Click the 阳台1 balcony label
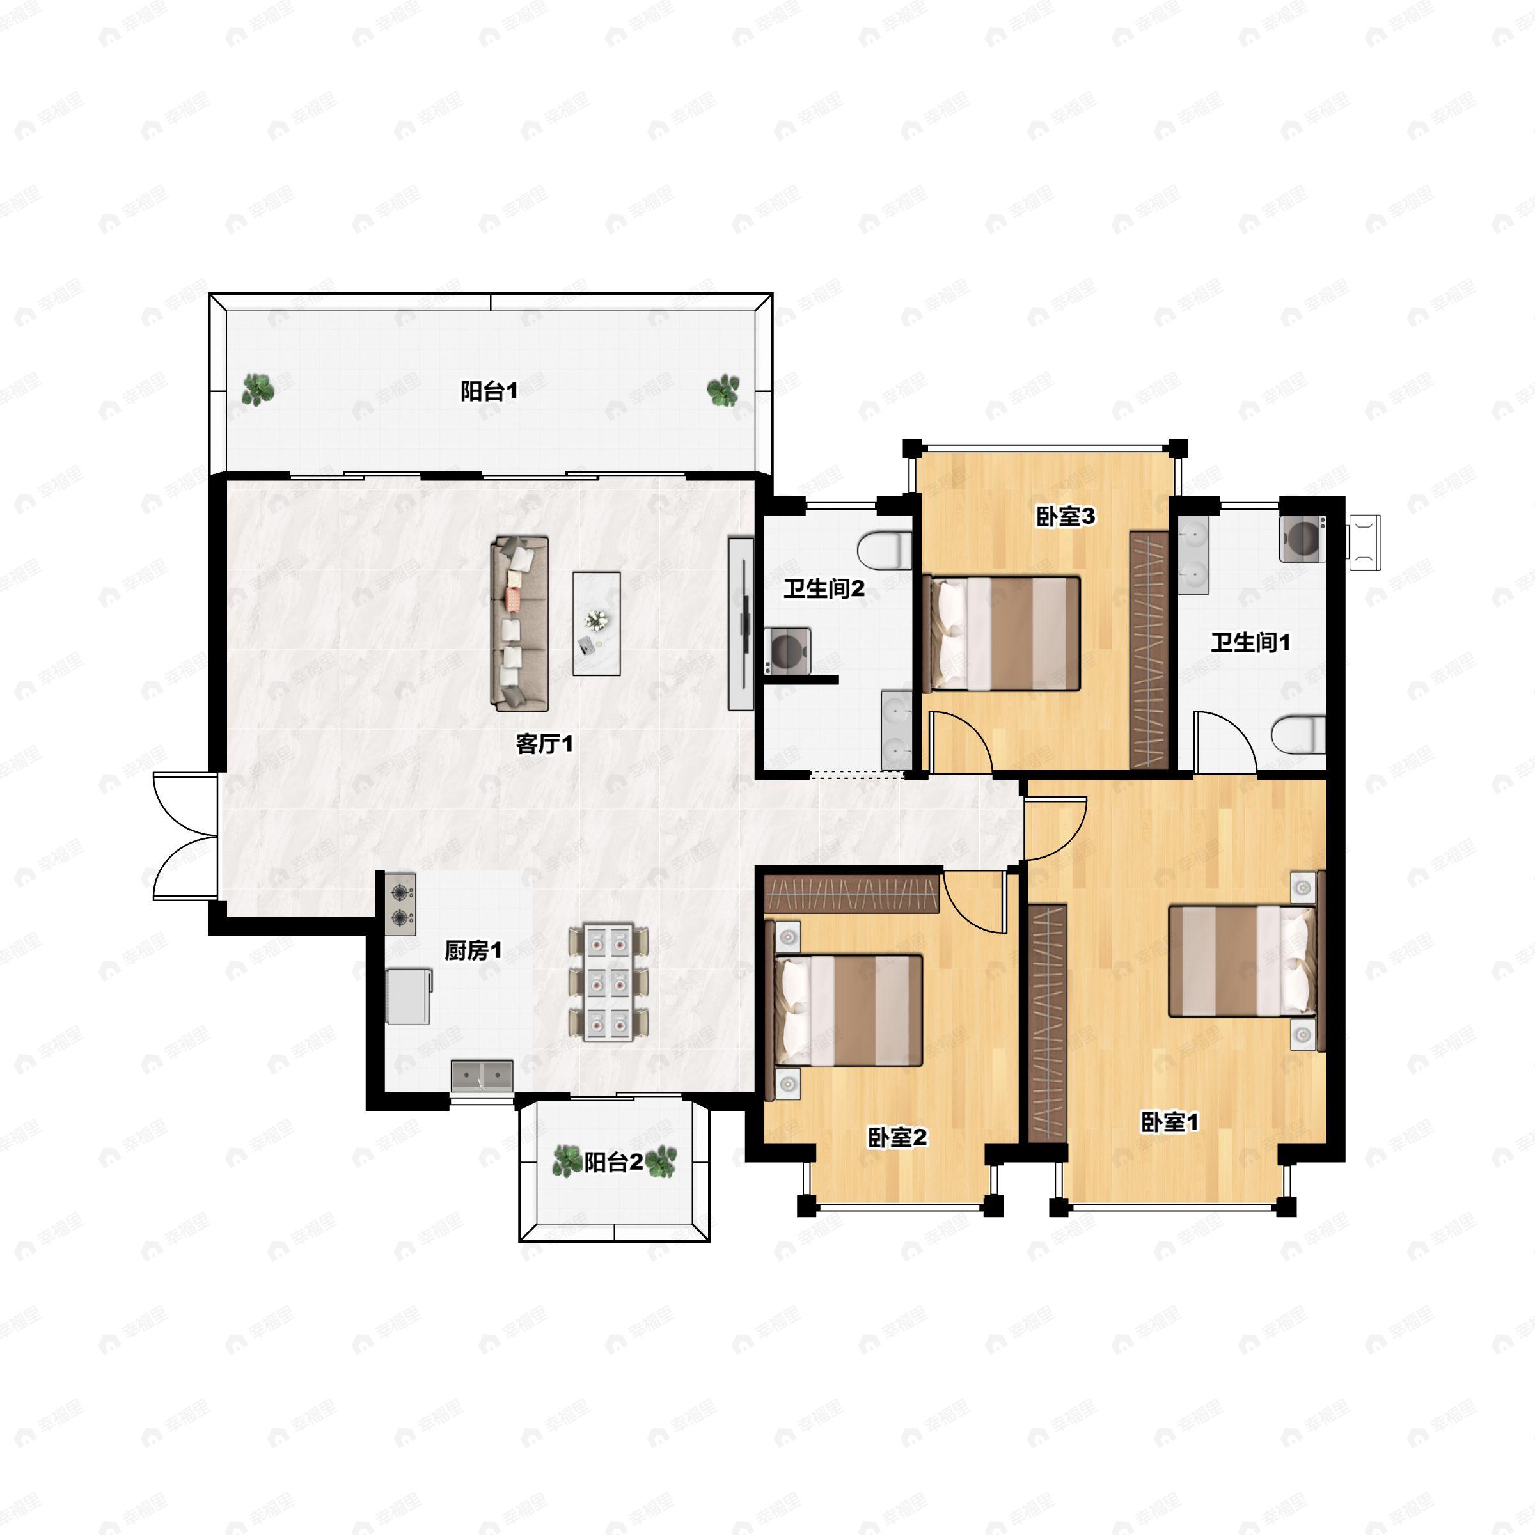point(489,391)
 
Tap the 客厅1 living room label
point(544,744)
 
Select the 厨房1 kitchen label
point(473,950)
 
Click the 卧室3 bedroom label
point(1066,516)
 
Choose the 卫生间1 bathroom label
point(1250,642)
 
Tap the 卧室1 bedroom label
point(1170,1122)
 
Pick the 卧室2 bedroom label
point(897,1137)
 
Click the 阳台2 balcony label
point(613,1162)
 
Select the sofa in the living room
point(519,624)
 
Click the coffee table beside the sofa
point(597,624)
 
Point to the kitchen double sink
point(482,1076)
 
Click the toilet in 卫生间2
point(885,549)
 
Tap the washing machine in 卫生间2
point(788,652)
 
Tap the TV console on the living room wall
point(741,624)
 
